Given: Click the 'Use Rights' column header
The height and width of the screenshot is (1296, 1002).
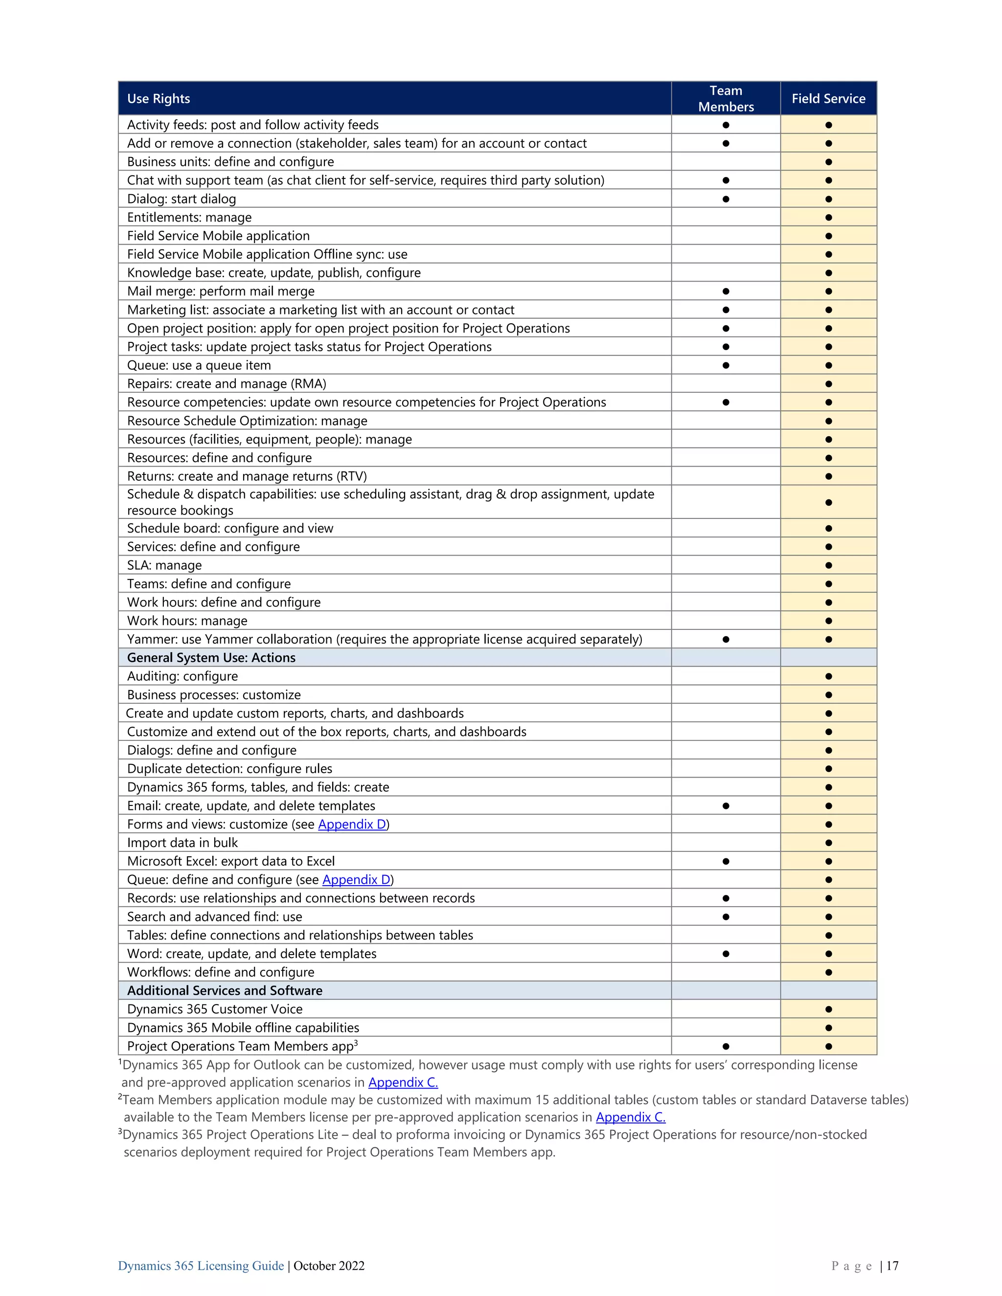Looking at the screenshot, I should [159, 98].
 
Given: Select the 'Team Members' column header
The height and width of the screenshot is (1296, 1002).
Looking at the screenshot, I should [726, 98].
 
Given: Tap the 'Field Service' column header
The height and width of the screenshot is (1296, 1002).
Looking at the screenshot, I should [828, 98].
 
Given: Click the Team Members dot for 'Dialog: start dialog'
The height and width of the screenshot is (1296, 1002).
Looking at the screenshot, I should [726, 199].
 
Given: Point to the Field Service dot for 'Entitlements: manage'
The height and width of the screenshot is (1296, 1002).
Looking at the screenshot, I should [828, 217].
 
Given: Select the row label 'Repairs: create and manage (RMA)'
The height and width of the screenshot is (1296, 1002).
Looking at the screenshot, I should [227, 384].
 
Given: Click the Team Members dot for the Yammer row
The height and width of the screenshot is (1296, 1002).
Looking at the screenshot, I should [726, 639].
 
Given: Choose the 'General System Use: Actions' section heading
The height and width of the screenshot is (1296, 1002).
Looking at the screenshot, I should [211, 657].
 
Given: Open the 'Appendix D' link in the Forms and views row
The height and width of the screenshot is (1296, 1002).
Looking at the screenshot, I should [352, 824].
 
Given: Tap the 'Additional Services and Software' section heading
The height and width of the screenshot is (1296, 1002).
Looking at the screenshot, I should [225, 990].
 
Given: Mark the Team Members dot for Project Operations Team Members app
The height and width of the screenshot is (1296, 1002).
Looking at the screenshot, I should [726, 1046].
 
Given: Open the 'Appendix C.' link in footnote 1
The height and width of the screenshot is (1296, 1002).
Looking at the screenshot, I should [403, 1082].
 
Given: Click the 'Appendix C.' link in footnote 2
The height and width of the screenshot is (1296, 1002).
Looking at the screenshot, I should [630, 1117].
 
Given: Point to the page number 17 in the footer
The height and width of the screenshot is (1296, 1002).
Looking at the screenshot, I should [892, 1266].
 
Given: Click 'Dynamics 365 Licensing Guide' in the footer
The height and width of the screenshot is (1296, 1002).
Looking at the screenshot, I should [201, 1266].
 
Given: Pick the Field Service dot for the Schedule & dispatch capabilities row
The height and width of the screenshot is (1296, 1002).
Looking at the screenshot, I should [828, 502].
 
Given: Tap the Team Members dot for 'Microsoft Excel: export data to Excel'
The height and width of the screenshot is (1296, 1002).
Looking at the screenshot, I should [726, 861].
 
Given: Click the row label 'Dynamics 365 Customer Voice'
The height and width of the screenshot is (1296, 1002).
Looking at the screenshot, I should [215, 1009].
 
